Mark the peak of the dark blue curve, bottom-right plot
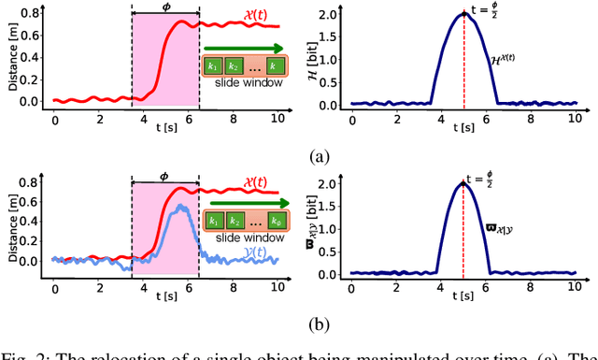pyautogui.click(x=464, y=184)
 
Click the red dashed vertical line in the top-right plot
pyautogui.click(x=464, y=65)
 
